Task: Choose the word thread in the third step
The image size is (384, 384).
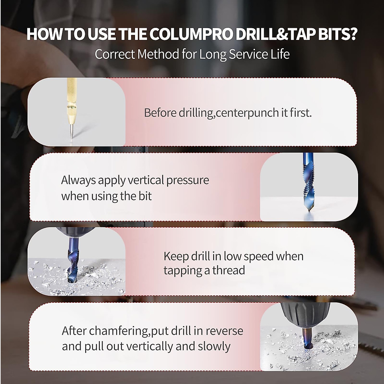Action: [x=229, y=270]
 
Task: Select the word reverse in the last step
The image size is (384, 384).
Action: [x=224, y=331]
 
